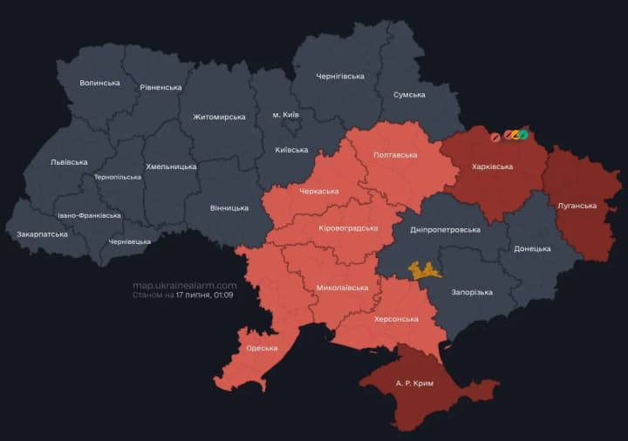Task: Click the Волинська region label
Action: [99, 83]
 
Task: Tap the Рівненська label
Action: [160, 87]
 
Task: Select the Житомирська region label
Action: [219, 117]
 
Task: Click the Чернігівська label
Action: [340, 77]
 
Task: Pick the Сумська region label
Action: [409, 94]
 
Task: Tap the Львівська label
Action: [69, 162]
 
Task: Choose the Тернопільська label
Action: [118, 177]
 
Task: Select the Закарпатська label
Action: [43, 234]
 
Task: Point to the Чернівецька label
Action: [130, 241]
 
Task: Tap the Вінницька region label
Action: [229, 208]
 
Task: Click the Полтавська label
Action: [394, 155]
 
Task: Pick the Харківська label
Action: [492, 166]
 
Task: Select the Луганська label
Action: [577, 206]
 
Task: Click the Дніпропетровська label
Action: [445, 229]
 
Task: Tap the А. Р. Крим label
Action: [413, 383]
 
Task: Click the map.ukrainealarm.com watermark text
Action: [184, 285]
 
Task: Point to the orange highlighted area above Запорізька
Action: [425, 269]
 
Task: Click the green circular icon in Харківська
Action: [523, 135]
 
